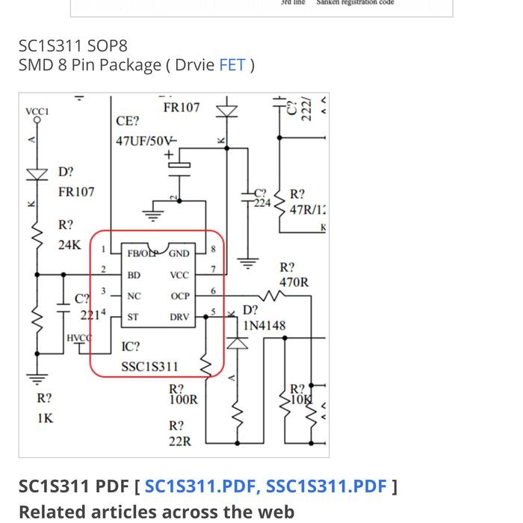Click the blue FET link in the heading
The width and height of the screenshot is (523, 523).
[232, 65]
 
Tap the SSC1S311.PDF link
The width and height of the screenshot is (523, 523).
[327, 486]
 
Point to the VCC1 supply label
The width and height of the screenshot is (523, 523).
[37, 111]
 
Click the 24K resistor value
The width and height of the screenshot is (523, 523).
[69, 244]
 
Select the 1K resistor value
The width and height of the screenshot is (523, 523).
[45, 418]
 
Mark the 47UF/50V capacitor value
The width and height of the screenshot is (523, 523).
[146, 140]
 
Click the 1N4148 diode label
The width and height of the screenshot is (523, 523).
[264, 326]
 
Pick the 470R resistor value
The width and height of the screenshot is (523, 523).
[294, 282]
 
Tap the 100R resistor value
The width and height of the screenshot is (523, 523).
[183, 400]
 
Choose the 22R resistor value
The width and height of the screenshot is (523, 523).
[179, 442]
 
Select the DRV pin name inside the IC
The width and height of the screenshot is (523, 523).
[179, 317]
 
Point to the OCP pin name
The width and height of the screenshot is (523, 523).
[180, 296]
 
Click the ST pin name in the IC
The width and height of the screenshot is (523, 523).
[133, 317]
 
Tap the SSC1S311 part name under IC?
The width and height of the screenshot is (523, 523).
[149, 366]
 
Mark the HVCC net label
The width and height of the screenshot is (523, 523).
[79, 338]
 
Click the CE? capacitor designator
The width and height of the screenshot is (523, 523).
[127, 120]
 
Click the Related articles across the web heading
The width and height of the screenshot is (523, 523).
[157, 512]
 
